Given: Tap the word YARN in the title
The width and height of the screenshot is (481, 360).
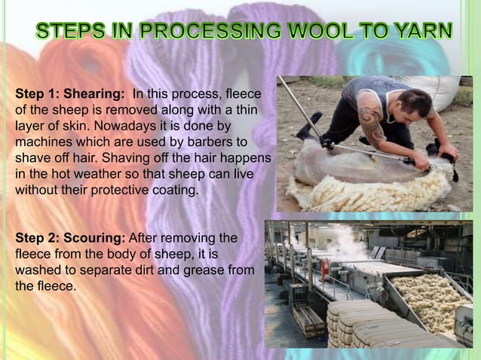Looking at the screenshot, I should (421, 32).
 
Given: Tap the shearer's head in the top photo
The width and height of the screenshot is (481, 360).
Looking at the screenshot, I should (407, 105).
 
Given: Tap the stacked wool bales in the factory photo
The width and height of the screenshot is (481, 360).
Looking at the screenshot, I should (377, 324).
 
